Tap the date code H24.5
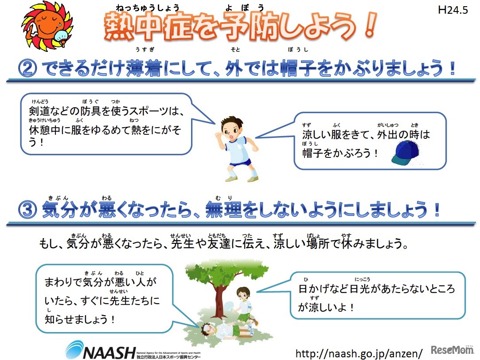[x=453, y=11]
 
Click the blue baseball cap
[x=405, y=153]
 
